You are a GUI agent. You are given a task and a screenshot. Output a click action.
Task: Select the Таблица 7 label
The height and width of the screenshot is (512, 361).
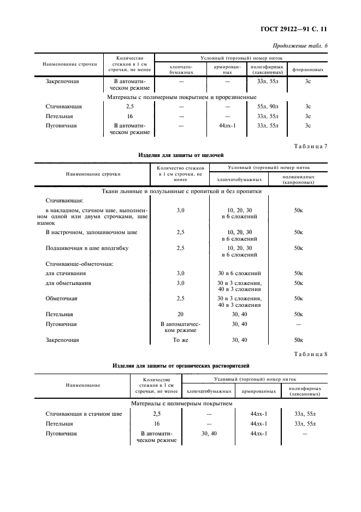(311, 146)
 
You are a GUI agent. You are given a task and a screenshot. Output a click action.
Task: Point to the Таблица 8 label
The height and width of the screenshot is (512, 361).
(311, 354)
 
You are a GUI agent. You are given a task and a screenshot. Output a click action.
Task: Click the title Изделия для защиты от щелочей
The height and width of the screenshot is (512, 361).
(181, 155)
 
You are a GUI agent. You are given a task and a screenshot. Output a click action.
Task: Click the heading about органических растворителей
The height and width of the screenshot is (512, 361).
(181, 365)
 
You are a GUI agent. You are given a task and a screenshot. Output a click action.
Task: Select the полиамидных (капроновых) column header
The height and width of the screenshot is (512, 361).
(298, 179)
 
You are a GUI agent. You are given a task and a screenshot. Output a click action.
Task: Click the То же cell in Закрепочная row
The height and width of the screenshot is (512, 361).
(180, 340)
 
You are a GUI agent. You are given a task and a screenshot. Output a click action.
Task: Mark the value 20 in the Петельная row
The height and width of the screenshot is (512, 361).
(180, 315)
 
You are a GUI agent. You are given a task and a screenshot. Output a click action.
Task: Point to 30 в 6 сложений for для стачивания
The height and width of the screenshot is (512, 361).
(239, 273)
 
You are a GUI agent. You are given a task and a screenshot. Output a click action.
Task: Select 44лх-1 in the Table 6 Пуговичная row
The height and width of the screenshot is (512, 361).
(227, 126)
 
